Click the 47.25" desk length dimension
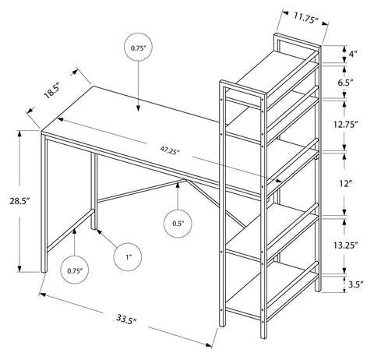170,150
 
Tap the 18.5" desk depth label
52,90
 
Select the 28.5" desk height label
19,201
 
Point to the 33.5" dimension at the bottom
126,319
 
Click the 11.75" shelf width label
306,19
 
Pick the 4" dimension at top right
353,55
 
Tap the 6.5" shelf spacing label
345,83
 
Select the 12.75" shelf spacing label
346,125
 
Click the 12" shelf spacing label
345,184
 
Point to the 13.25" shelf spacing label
346,245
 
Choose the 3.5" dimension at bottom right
355,284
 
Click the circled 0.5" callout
178,224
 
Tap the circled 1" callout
128,257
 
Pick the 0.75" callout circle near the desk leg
75,270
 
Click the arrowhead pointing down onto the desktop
138,108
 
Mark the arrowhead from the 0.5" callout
178,185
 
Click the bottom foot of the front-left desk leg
44,271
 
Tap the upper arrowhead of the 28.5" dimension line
19,134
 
